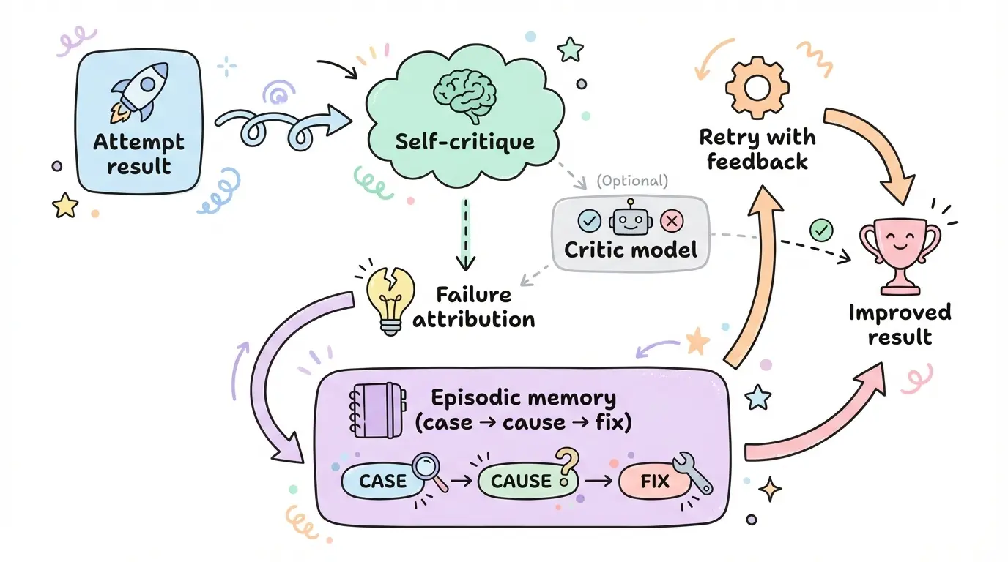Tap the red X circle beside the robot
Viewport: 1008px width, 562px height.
pyautogui.click(x=671, y=220)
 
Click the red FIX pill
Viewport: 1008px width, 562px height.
pyautogui.click(x=654, y=481)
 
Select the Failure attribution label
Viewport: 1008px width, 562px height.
pyautogui.click(x=474, y=307)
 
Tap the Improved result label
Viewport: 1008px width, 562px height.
pyautogui.click(x=900, y=324)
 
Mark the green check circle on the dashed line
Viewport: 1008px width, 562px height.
pyautogui.click(x=821, y=231)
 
